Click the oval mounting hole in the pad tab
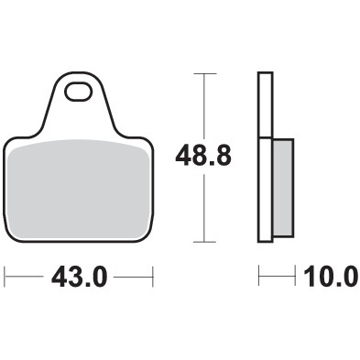79,92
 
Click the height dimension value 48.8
202,157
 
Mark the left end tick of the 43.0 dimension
5,275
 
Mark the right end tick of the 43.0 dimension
152,275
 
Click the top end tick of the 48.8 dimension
202,72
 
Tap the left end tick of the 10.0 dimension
259,275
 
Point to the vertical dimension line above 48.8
202,105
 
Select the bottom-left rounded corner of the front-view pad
10,236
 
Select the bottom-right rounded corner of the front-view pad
147,236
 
